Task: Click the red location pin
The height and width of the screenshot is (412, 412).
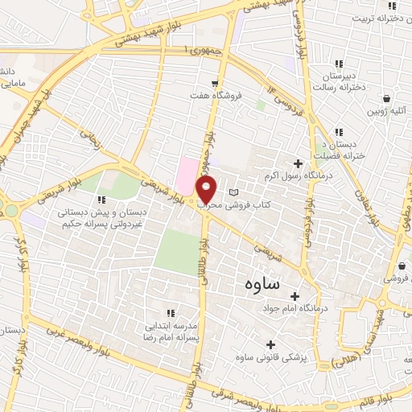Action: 207,190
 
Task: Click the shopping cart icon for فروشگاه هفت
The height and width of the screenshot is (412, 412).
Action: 215,83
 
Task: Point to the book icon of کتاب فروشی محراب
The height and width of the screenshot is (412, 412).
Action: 234,192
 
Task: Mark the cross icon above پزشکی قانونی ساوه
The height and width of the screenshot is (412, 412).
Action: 269,344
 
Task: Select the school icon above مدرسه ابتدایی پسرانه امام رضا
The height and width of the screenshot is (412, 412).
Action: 170,312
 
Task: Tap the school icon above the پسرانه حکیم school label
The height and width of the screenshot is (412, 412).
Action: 101,200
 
